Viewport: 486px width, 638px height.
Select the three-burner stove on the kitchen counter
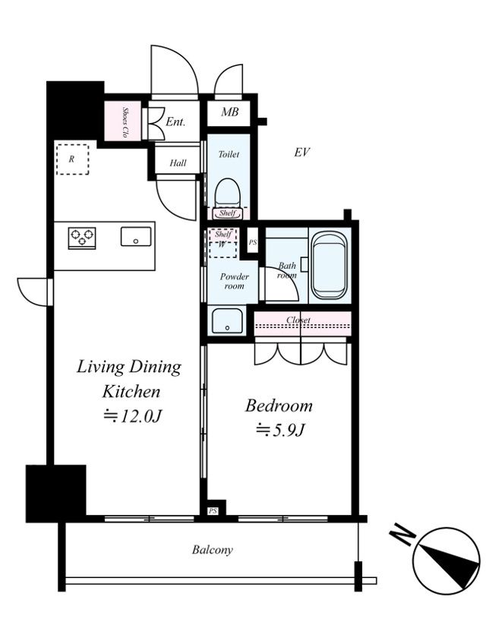82,238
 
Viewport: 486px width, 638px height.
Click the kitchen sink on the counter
136,236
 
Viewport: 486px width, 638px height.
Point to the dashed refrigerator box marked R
72,159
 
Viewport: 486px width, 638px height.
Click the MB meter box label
230,112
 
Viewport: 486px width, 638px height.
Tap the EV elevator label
302,153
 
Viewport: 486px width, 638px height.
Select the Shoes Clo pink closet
123,121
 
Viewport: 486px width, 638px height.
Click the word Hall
178,163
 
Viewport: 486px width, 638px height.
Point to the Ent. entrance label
175,122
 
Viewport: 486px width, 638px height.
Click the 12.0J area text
132,415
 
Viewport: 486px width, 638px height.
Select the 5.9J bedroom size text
279,430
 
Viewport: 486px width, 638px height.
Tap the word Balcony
213,550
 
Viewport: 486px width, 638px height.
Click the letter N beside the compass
402,535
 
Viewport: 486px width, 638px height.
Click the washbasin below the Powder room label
227,321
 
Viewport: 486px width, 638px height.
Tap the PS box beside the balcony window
213,511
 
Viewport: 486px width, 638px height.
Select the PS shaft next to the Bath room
253,242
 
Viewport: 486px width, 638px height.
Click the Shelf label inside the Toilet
227,213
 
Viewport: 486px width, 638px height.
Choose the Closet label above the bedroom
298,321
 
